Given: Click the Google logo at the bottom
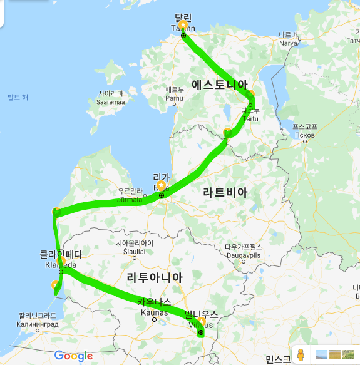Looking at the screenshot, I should coord(73,356).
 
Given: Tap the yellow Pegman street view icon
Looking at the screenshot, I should coord(301,355).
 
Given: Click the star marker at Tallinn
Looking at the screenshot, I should coord(183,24).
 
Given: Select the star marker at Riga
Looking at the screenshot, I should coord(161,185).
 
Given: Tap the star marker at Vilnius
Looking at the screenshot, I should coord(202,322).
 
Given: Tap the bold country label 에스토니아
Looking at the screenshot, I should coord(220,84).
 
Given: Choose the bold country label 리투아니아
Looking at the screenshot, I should coord(155,277).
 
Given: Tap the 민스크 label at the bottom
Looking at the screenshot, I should coord(277,359).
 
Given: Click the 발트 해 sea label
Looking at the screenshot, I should coord(18,97).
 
